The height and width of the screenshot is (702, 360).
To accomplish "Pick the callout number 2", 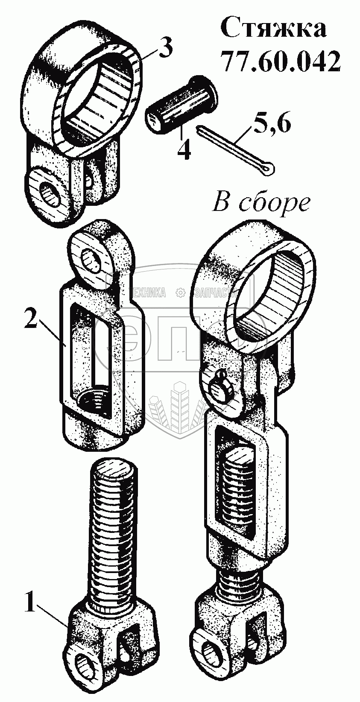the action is [31, 319].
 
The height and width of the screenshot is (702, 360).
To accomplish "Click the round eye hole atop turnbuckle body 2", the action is [93, 259].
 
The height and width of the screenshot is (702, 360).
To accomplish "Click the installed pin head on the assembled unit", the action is [222, 387].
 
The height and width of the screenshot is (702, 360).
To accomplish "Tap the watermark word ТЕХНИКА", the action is [149, 292].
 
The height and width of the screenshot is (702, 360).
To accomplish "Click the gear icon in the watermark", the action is [180, 292].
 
